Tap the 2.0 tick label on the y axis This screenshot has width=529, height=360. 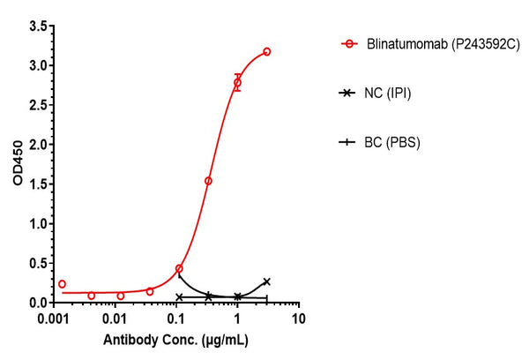pos(37,145)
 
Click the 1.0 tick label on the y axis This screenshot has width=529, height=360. pos(37,223)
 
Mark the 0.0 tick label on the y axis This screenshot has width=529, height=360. pos(37,303)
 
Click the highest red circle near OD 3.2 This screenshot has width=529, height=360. pos(267,52)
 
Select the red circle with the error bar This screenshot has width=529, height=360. pos(237,82)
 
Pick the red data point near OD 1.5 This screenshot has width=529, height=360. pos(208,181)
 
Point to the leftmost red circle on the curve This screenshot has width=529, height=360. pos(62,284)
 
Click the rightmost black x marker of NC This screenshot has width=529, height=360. pos(267,281)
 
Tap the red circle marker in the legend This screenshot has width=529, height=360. pos(350,43)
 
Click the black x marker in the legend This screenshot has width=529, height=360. pos(350,92)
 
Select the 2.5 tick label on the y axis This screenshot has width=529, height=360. pos(37,105)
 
